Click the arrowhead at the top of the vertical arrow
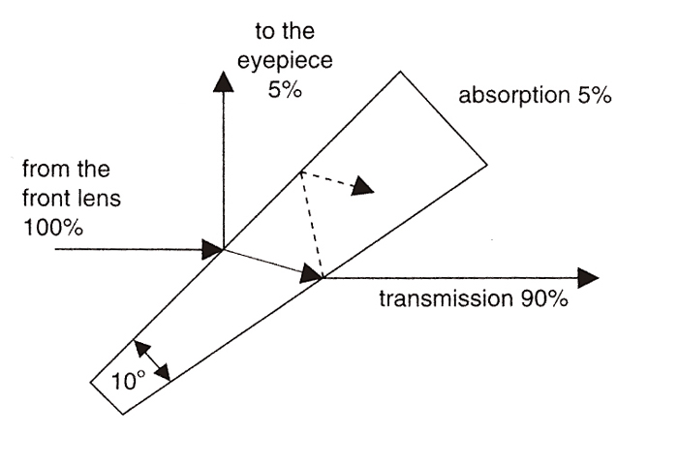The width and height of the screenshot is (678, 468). (x=223, y=81)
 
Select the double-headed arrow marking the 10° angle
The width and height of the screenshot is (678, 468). (x=152, y=359)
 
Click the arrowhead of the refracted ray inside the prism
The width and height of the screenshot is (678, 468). (x=311, y=275)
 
